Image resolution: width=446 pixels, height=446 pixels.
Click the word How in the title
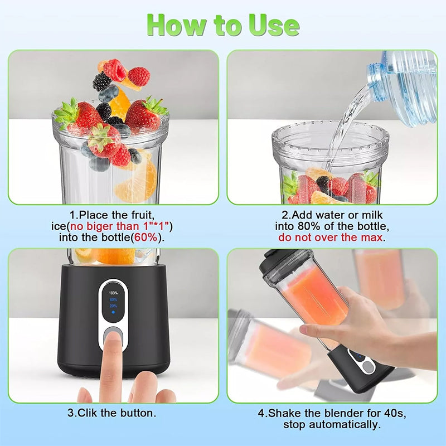173,25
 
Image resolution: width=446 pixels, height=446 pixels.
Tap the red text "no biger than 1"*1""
124,226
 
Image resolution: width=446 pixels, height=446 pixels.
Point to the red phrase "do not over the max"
331,237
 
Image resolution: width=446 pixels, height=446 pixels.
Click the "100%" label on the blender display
113,293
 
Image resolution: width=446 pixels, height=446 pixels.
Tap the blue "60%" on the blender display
113,299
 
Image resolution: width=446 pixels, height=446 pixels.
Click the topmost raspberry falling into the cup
115,70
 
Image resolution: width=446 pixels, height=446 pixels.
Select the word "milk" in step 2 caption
372,215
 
